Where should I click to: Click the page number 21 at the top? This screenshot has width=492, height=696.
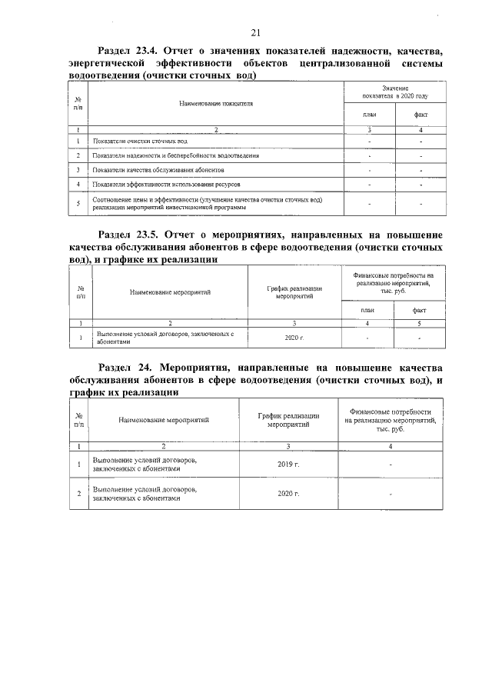(256, 32)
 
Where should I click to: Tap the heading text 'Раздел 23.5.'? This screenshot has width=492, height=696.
(130, 234)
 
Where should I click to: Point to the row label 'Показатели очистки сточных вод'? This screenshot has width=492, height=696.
(139, 142)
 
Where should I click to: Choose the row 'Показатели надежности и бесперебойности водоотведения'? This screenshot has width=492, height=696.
(175, 155)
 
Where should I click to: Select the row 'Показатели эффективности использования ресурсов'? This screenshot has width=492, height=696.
(166, 185)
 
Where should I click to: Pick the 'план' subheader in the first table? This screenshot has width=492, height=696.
(369, 115)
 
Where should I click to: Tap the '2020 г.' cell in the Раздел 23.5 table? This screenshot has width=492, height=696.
(294, 338)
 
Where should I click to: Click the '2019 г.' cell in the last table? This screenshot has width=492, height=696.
(288, 465)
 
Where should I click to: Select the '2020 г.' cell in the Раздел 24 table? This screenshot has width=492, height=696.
(288, 493)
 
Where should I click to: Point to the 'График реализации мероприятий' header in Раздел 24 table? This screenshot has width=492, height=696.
(288, 420)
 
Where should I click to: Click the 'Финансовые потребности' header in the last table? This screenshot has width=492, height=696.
(391, 420)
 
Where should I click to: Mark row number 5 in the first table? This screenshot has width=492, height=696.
(78, 203)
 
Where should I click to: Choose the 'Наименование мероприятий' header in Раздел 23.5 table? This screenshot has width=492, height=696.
(170, 292)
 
